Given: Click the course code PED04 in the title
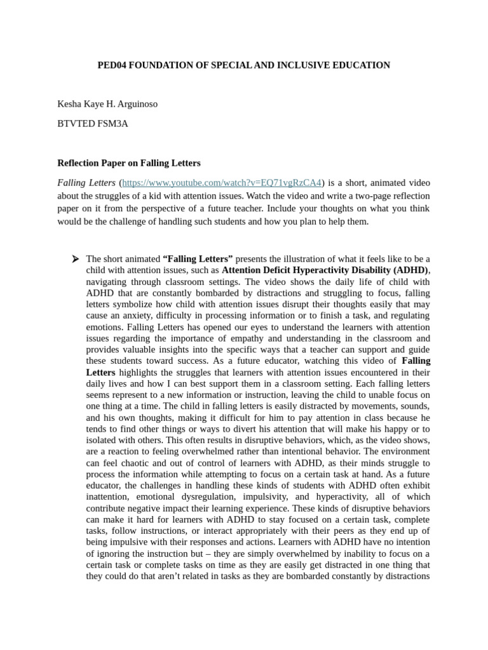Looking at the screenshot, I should pos(112,65).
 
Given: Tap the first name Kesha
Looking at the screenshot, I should pos(70,104).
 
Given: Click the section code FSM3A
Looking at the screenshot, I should pos(112,124).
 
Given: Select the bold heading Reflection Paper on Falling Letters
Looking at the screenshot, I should pos(129,163).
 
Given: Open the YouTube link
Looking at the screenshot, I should pos(222,183).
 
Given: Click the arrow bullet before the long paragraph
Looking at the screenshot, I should pos(75,259).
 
